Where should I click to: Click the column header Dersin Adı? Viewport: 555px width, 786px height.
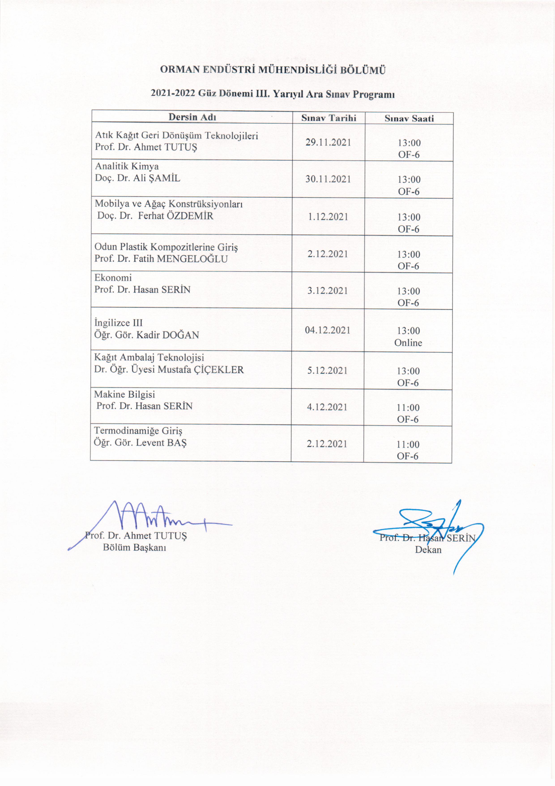click(x=192, y=117)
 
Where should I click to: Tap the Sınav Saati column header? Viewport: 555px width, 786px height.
click(x=409, y=118)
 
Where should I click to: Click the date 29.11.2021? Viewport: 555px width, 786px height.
click(x=328, y=142)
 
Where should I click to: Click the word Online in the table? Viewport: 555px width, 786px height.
click(x=408, y=343)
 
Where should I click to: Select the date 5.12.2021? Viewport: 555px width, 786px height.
click(x=327, y=370)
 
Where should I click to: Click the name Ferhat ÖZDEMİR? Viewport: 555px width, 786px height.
click(x=176, y=216)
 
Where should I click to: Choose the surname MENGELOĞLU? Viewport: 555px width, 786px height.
click(x=192, y=259)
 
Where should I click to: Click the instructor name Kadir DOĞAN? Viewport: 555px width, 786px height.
click(x=168, y=335)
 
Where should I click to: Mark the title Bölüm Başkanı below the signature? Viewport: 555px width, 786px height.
click(x=134, y=547)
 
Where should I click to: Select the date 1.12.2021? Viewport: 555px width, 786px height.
click(x=328, y=217)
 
